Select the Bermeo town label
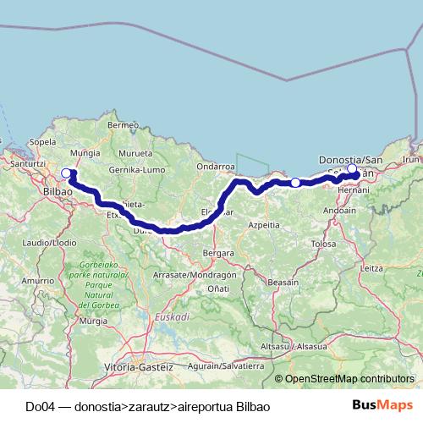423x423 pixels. (123, 125)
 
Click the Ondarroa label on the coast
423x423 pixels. (214, 167)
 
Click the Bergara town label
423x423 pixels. (217, 252)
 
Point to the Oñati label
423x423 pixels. (217, 289)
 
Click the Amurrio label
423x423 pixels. (38, 279)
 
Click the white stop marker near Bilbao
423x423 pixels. (66, 173)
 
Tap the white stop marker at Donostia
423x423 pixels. (352, 168)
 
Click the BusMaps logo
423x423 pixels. (388, 405)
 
